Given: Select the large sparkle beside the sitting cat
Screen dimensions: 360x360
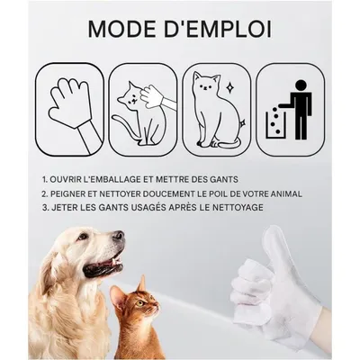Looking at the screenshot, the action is click(230, 87).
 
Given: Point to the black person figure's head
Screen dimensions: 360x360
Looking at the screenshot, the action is click(300, 86).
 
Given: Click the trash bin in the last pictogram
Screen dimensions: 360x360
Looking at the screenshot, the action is click(275, 124).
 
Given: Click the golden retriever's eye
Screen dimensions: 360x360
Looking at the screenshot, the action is click(82, 238).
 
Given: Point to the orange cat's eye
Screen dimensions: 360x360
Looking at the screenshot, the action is click(139, 302).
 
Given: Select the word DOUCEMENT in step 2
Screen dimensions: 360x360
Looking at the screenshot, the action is click(168, 193).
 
